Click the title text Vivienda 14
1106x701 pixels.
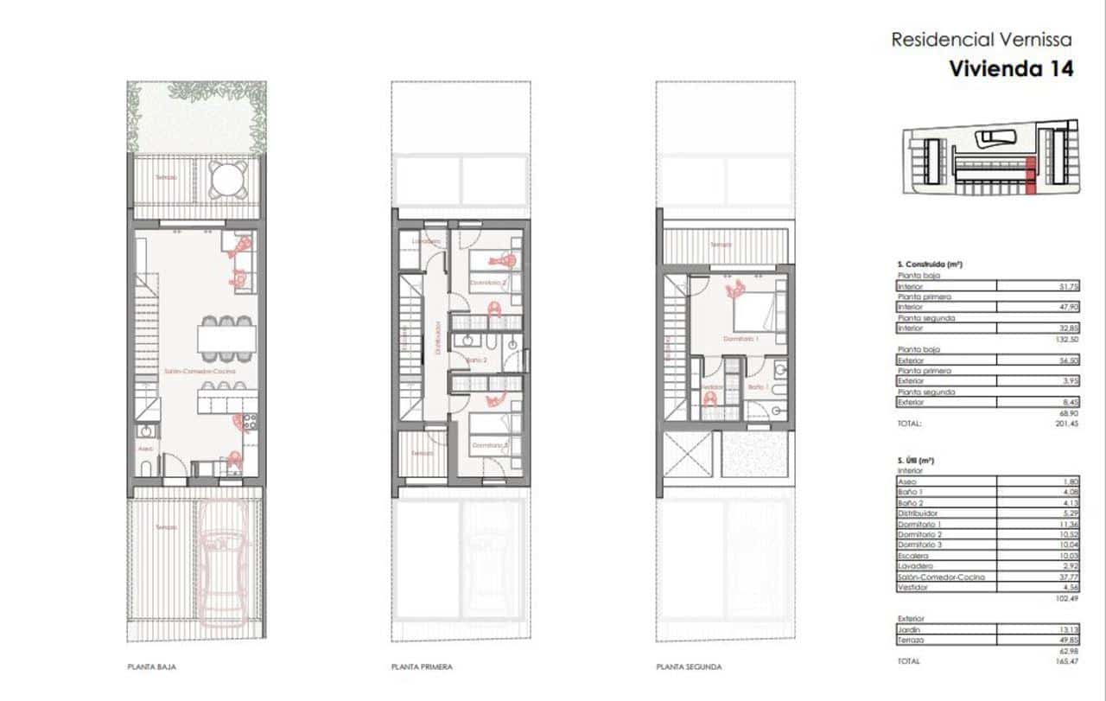(x=1011, y=69)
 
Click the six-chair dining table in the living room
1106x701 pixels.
(x=227, y=337)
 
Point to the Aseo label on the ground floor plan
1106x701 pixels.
(x=145, y=449)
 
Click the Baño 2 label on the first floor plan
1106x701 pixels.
(x=476, y=360)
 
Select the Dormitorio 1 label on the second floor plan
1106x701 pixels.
(x=741, y=340)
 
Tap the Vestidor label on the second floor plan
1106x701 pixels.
(x=711, y=387)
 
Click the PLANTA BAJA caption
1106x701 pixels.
(x=152, y=667)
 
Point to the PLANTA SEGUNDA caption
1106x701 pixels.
(x=689, y=667)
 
